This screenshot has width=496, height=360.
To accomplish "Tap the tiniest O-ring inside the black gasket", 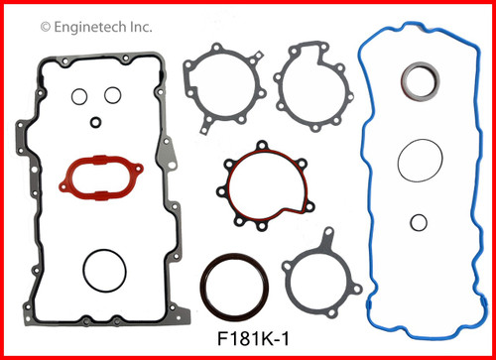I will [x=95, y=123].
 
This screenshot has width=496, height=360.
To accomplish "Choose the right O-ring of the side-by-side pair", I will [x=113, y=96].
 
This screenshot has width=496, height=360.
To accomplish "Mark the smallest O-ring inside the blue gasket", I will [x=420, y=222].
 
